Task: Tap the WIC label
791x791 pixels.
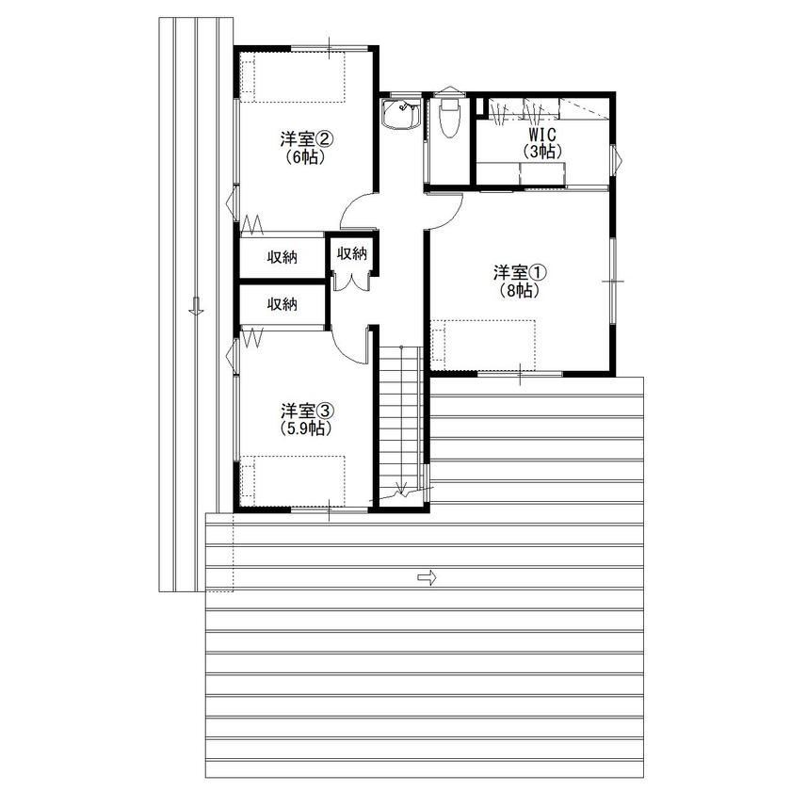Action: tap(543, 134)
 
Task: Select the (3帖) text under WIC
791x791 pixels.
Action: tap(543, 151)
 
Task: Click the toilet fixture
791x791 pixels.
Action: tap(448, 118)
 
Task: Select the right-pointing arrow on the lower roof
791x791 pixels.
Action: tap(427, 577)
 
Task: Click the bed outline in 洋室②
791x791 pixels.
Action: tap(293, 76)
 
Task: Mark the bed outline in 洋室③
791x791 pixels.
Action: tap(293, 481)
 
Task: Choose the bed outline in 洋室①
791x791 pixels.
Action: tap(483, 344)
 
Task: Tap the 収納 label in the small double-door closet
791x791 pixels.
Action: tap(352, 253)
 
